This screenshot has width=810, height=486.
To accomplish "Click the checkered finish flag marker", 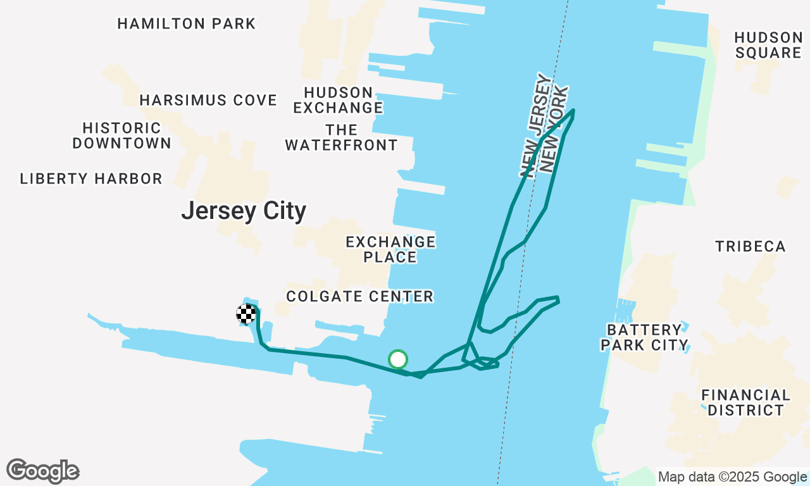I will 247,314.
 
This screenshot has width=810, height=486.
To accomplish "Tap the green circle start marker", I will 397,359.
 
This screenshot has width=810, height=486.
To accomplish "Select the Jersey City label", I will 244,211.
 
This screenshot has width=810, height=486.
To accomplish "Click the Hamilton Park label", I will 187,24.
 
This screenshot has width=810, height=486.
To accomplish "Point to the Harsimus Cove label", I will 208,101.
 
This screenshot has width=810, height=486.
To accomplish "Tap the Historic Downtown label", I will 121,136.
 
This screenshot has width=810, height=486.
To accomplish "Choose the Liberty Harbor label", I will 91,179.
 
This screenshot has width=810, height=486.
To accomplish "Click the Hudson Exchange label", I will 339,100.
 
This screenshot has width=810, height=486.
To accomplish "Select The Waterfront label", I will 341,138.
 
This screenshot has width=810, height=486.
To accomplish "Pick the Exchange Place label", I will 390,249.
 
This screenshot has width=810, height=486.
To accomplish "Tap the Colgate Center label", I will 359,296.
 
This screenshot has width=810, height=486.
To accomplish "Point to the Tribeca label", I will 751,246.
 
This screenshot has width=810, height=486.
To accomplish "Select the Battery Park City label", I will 644,337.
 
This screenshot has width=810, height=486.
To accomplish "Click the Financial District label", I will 745,402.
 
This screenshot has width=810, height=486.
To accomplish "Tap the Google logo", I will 43,471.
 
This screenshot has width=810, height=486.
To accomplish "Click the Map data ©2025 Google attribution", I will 733,477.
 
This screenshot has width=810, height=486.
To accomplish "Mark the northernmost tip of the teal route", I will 573,110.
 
